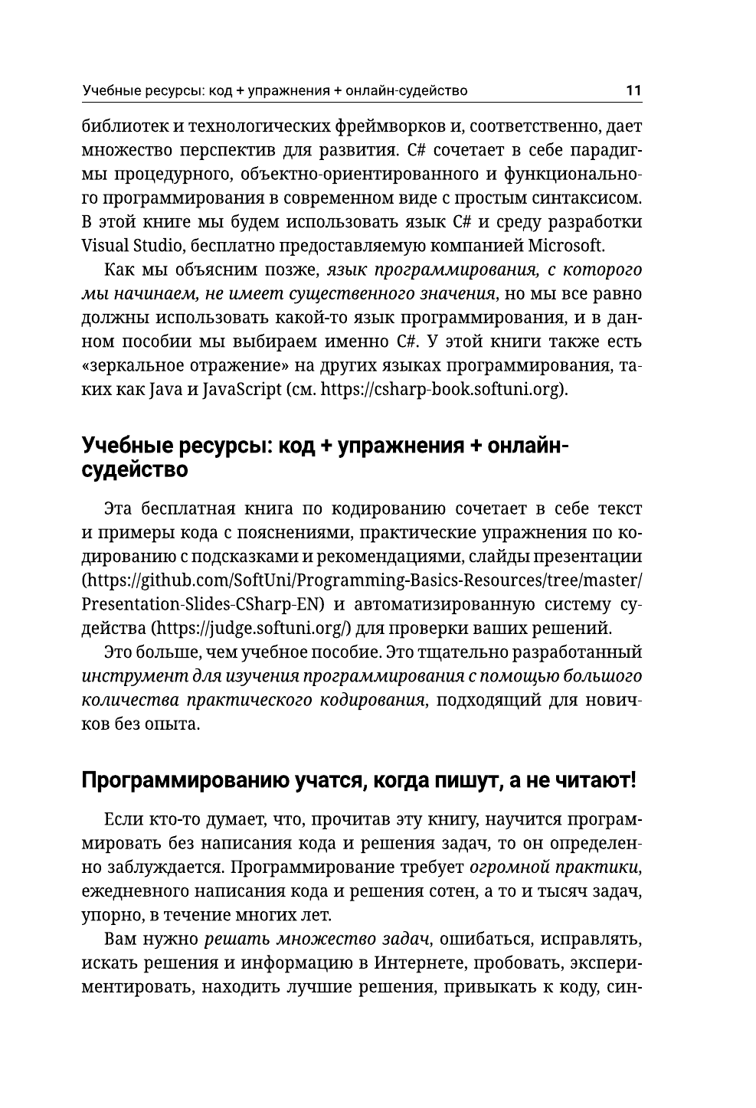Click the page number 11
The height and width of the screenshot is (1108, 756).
[633, 90]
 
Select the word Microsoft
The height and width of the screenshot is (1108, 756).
[565, 246]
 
